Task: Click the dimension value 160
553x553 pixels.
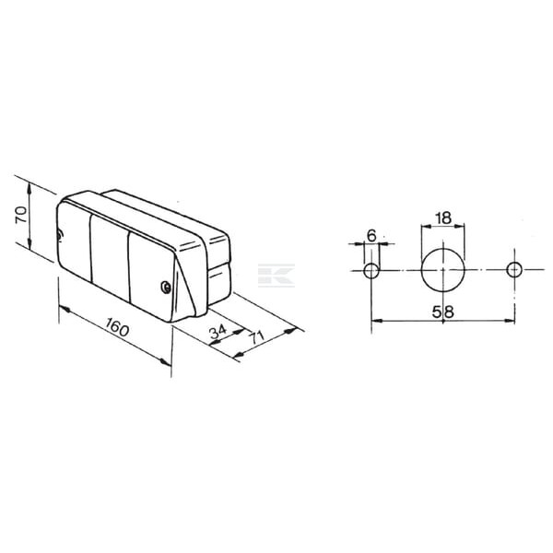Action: coord(117,327)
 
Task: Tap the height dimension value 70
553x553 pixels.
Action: coord(21,215)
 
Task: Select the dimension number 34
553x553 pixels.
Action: coord(218,332)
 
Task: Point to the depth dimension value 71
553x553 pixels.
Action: coord(257,338)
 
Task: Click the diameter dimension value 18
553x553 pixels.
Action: coord(443,218)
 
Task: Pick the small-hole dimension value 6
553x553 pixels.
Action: coord(371,236)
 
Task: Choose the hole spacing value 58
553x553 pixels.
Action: coord(443,312)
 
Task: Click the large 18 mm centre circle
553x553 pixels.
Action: coord(443,270)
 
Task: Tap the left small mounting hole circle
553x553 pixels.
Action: coord(371,270)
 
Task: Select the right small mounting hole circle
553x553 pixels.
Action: coord(514,270)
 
